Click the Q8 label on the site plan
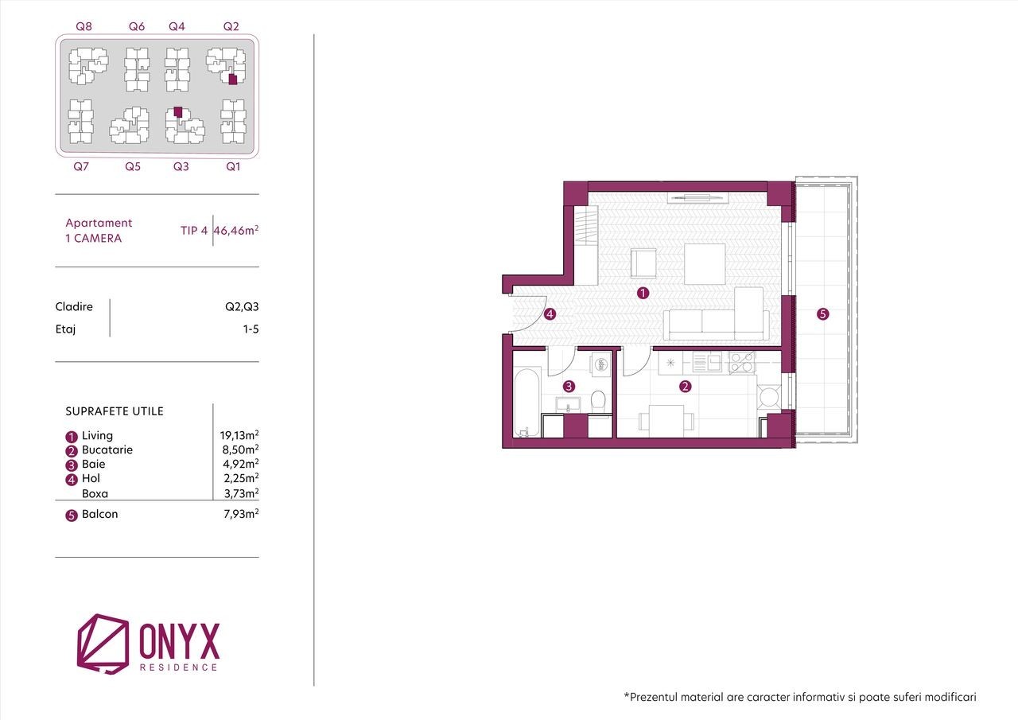pos(84,26)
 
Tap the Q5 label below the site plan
pos(133,167)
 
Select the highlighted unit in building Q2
pos(233,80)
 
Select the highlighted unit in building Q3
pos(178,112)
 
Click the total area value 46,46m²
pos(236,231)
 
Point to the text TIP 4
pos(194,231)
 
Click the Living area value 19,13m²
pos(239,435)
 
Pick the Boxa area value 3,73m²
pos(241,493)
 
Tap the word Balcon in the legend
pos(99,514)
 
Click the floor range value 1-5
pos(251,329)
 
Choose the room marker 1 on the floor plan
pos(643,294)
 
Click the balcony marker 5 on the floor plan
pos(822,314)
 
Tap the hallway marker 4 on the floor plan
pos(550,314)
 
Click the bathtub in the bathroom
pos(526,403)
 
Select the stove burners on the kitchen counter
pos(742,363)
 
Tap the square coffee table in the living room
pos(705,264)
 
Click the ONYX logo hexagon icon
pos(103,643)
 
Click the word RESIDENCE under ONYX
pos(179,667)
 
